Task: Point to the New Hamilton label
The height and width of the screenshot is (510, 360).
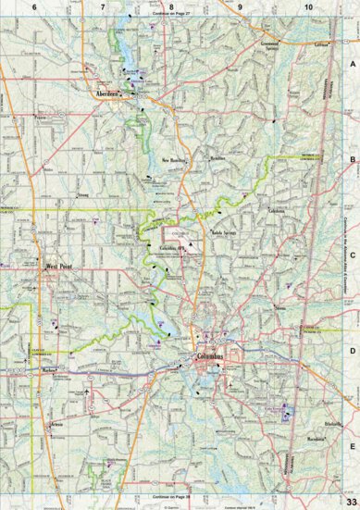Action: (176, 160)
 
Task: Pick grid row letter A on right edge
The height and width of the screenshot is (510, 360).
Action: (351, 65)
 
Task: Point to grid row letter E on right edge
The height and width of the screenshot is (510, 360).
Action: (351, 444)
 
